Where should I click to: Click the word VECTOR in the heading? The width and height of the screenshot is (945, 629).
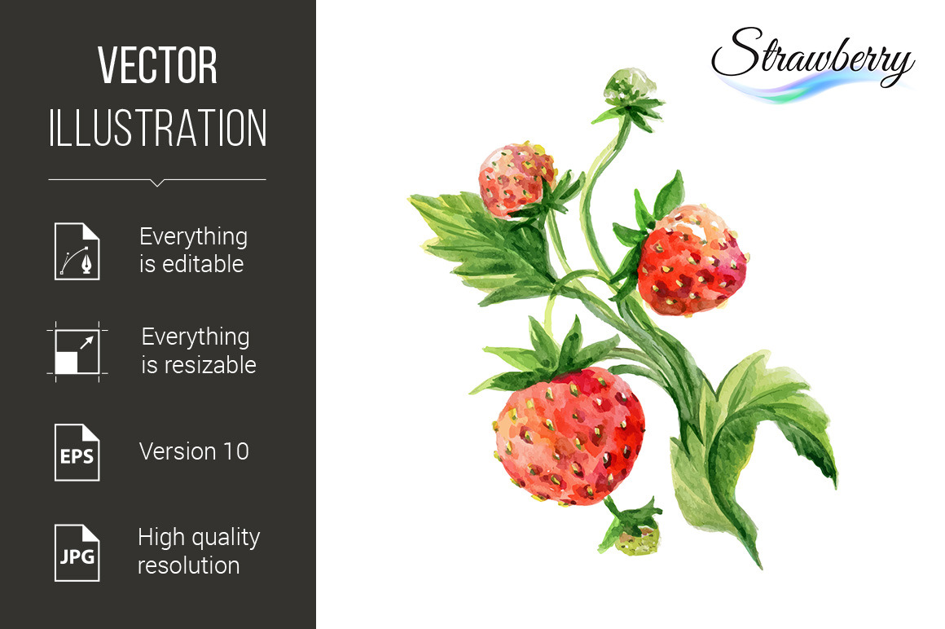point(157,65)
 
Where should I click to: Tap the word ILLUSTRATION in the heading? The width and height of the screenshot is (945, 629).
point(157,128)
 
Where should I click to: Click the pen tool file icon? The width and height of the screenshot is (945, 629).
point(77,251)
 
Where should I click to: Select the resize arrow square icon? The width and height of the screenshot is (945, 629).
point(77,352)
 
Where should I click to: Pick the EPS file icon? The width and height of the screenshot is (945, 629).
point(77,452)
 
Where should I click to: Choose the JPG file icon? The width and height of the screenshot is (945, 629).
point(77,553)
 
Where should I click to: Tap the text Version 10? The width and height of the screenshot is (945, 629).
point(194,451)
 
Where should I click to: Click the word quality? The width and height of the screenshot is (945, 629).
point(224,538)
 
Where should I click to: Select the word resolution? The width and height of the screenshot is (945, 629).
point(189,565)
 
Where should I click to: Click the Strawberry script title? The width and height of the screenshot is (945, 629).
point(812,57)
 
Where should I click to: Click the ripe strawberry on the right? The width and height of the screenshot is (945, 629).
point(692,261)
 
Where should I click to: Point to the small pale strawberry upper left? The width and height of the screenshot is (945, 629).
point(516,179)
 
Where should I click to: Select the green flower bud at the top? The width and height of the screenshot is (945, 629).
point(631,86)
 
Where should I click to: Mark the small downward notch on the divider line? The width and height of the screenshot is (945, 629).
point(157,183)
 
